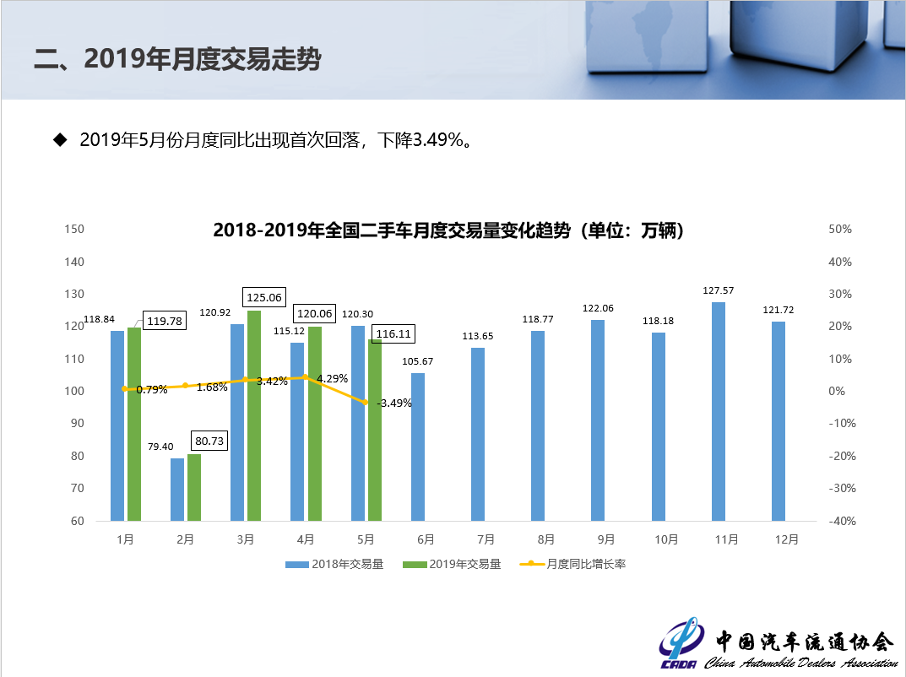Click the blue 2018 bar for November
pyautogui.click(x=719, y=411)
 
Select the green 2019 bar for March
pyautogui.click(x=254, y=415)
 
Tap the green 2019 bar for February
pyautogui.click(x=194, y=487)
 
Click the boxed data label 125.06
pyautogui.click(x=264, y=297)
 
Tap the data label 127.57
pyautogui.click(x=719, y=290)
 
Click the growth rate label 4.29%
pyautogui.click(x=333, y=378)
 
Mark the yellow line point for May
pyautogui.click(x=366, y=403)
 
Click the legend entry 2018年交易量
pyautogui.click(x=335, y=564)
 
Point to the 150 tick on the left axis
pyautogui.click(x=76, y=230)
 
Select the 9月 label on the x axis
pyautogui.click(x=605, y=539)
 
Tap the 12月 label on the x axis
pyautogui.click(x=786, y=539)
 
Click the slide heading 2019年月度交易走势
pyautogui.click(x=177, y=58)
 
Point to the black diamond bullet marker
pyautogui.click(x=60, y=139)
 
